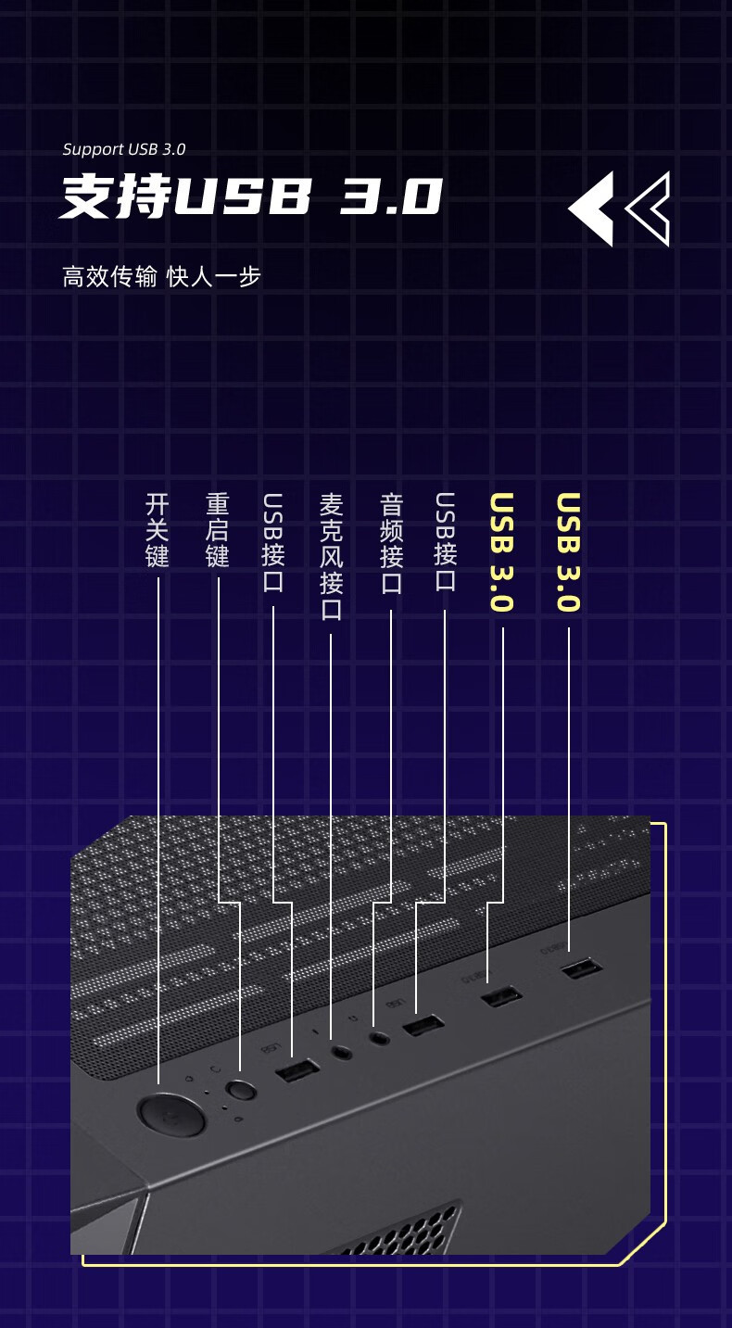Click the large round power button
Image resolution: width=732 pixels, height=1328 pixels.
pos(171,1114)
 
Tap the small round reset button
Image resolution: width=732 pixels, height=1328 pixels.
pos(242,1090)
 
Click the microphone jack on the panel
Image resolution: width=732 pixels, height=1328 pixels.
pos(342,1053)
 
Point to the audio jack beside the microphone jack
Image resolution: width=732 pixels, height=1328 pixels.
pos(379,1038)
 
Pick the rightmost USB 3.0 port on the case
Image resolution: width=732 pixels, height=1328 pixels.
pos(581,969)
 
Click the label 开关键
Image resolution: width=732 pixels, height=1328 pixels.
pos(158,530)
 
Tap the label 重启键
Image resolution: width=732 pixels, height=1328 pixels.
pos(218,530)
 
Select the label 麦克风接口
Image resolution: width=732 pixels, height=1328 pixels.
pos(331,556)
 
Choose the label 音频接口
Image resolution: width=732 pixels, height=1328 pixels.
pos(391,543)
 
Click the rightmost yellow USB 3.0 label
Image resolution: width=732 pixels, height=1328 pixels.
pos(568,552)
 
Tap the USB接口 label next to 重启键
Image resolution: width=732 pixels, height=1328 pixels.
pos(273,542)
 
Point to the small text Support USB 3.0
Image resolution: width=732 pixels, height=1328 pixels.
pos(124,149)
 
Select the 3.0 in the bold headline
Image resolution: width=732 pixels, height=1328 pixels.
pos(391,196)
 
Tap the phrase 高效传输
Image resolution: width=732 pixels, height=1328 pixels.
pos(109,276)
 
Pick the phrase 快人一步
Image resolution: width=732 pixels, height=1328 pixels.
pos(214,276)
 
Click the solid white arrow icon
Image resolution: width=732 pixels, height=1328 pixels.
pos(592,209)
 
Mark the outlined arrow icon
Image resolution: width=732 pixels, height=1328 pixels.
pos(650,209)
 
